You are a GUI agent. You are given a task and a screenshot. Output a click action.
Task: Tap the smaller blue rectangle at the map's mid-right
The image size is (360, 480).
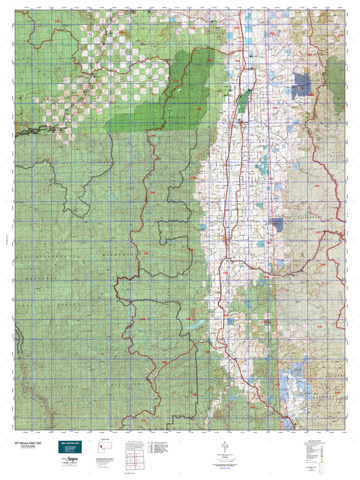click(x=277, y=223)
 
